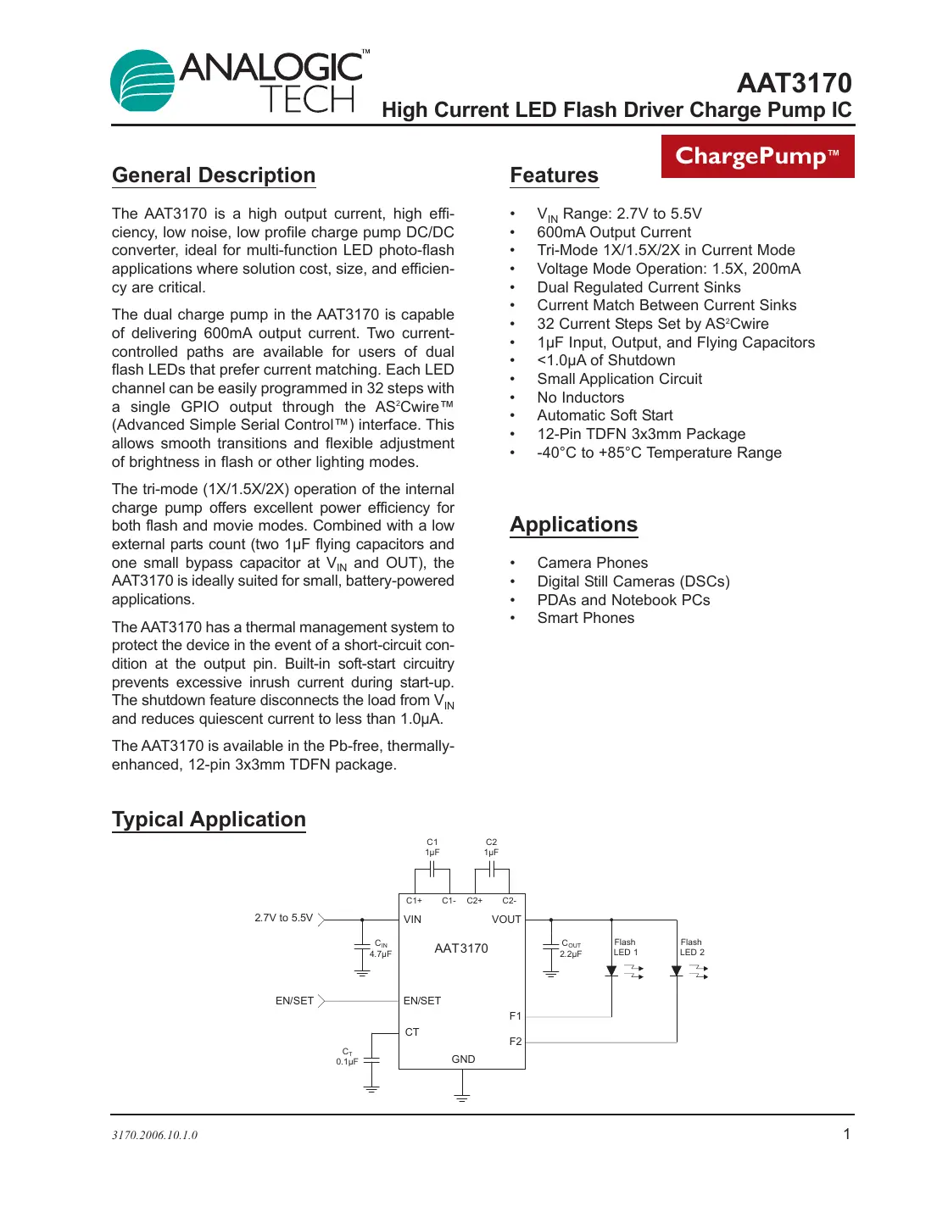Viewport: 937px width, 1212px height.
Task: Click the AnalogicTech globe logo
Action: tap(142, 81)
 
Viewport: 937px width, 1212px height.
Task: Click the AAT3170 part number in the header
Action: tap(794, 83)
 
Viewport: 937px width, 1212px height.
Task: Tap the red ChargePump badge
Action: tap(757, 156)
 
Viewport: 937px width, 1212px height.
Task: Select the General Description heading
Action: tap(214, 175)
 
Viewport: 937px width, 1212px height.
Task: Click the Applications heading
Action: tap(573, 525)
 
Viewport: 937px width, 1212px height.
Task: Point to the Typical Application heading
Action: tap(209, 820)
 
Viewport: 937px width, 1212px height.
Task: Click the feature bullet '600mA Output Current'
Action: tap(614, 232)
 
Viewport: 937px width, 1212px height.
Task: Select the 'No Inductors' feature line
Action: tap(580, 398)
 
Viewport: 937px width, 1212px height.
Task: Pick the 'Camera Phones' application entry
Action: tap(592, 563)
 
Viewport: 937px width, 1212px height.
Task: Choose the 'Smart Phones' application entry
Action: tap(585, 618)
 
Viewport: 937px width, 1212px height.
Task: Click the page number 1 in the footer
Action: tap(846, 1134)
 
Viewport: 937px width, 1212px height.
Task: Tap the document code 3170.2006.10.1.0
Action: tap(154, 1135)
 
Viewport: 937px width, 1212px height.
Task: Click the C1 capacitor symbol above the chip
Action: tap(432, 870)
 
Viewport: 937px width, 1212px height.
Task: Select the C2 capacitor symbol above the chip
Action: tap(491, 870)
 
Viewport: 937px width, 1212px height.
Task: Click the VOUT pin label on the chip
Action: tap(506, 920)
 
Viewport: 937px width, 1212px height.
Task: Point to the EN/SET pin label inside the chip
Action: tap(422, 1001)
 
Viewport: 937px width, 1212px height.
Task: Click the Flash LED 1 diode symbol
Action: tap(612, 971)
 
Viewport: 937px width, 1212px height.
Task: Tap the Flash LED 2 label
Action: tap(692, 948)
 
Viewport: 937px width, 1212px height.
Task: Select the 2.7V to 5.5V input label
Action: tap(283, 918)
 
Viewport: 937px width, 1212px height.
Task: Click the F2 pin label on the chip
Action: tap(516, 1042)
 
